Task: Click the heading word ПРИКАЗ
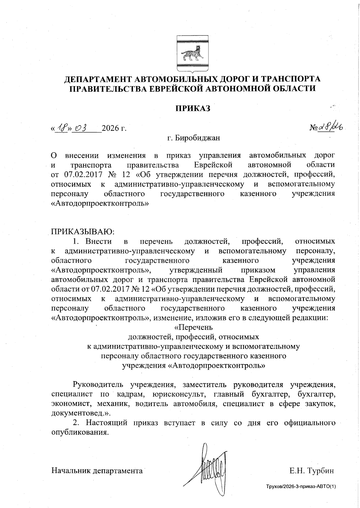pyautogui.click(x=193, y=108)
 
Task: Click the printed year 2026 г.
pyautogui.click(x=114, y=129)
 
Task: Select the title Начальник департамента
pyautogui.click(x=97, y=471)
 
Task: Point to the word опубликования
pyautogui.click(x=79, y=432)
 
